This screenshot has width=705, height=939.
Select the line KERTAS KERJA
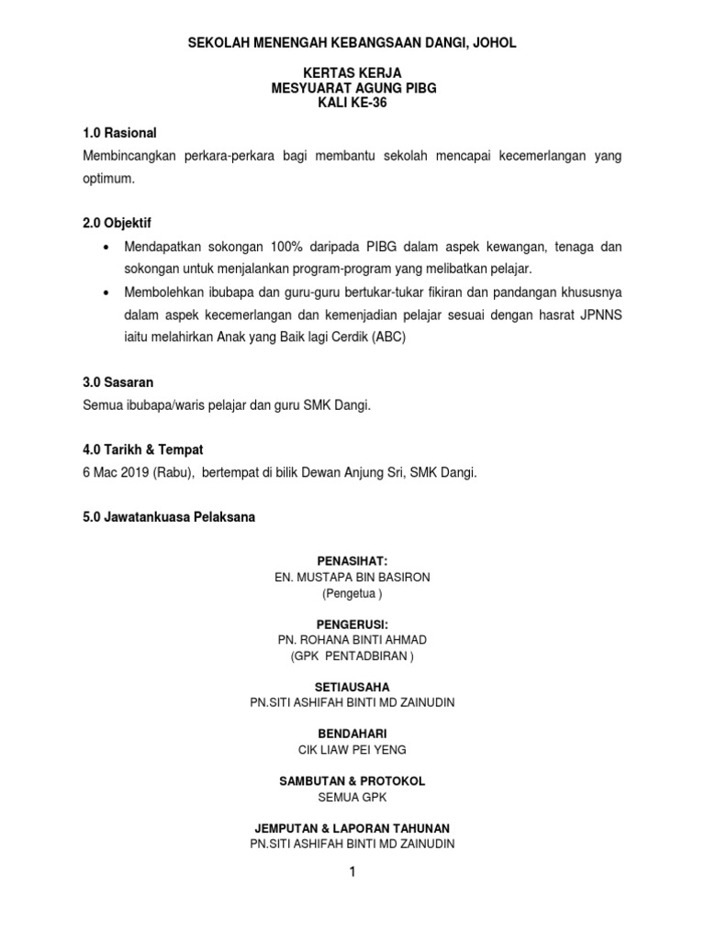tap(352, 72)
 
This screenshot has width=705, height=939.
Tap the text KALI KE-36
tap(352, 103)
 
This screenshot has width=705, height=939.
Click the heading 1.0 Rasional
tap(120, 133)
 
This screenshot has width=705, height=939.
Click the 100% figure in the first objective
tap(288, 247)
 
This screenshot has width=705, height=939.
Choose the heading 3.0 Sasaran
tap(118, 381)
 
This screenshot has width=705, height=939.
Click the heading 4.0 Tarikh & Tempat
tap(142, 450)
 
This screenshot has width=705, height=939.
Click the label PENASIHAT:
tap(352, 560)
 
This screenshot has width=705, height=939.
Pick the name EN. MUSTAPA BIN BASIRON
tap(352, 577)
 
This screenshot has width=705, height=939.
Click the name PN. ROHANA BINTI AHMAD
tap(352, 639)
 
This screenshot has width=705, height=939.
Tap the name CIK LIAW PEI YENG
tap(352, 749)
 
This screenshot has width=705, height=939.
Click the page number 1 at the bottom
tap(352, 872)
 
